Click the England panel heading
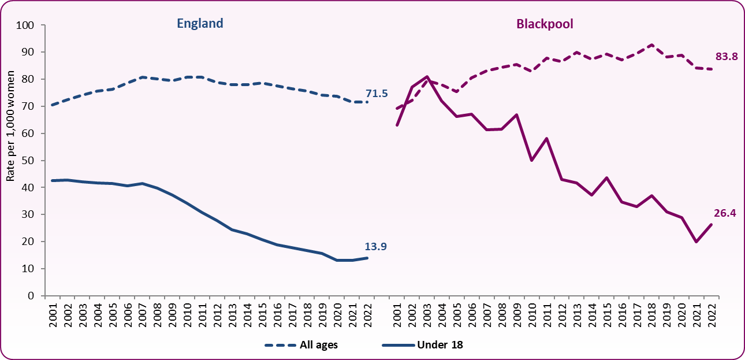[200, 24]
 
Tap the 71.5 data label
[377, 93]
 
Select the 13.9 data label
[376, 247]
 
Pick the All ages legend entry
[301, 345]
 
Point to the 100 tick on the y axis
[27, 25]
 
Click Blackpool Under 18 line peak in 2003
[427, 77]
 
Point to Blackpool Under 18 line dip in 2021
[696, 242]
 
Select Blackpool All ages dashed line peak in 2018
[651, 44]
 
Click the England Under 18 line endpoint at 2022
[367, 258]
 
